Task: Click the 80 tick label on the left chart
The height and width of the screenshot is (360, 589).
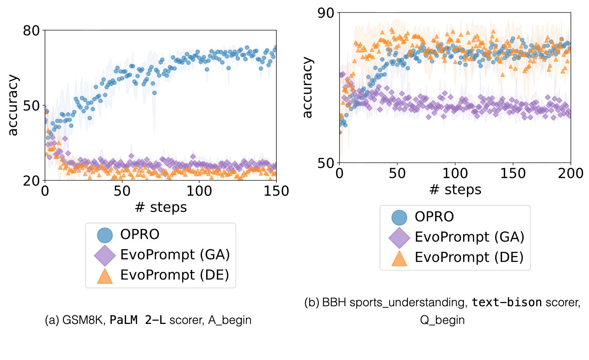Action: (x=31, y=31)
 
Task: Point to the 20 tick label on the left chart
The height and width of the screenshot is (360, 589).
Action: (x=31, y=181)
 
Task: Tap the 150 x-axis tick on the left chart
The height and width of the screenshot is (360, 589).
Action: (x=276, y=191)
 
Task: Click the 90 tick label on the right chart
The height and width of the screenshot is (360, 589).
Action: (x=326, y=13)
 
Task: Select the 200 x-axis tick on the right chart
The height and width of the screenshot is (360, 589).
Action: (x=571, y=173)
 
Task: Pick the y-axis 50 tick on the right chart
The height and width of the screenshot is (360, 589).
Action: (x=326, y=163)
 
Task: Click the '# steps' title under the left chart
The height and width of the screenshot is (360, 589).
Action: (x=161, y=208)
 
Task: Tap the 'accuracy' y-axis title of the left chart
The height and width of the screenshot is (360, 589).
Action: (x=13, y=105)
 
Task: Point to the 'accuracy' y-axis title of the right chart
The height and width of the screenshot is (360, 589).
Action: (x=307, y=87)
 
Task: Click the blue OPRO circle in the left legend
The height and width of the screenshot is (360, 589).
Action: (x=105, y=235)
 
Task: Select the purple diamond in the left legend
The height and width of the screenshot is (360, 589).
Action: (x=105, y=255)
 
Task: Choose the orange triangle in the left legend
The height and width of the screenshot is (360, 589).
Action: (x=105, y=276)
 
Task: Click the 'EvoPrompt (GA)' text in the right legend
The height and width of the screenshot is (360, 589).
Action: (x=470, y=237)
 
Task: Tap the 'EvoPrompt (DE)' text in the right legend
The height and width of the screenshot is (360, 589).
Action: (x=469, y=257)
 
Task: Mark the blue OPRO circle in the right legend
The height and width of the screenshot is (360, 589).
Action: (x=399, y=218)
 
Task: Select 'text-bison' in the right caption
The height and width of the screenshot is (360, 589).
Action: (x=507, y=303)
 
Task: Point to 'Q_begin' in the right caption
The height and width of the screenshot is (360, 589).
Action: (x=442, y=320)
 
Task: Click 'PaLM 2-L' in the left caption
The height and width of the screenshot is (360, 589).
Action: (x=138, y=320)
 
